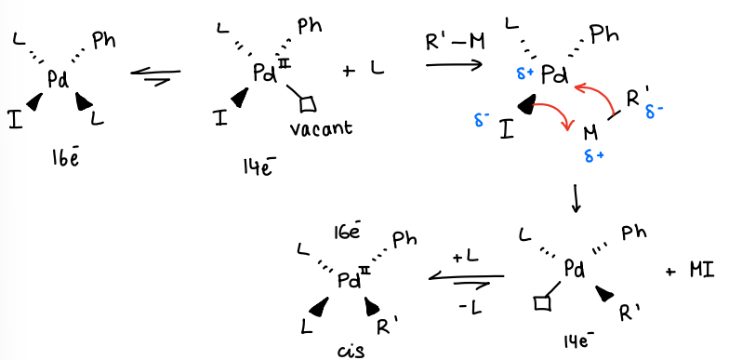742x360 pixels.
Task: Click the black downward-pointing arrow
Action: point(576,198)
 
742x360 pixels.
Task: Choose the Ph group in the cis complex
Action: point(404,241)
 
